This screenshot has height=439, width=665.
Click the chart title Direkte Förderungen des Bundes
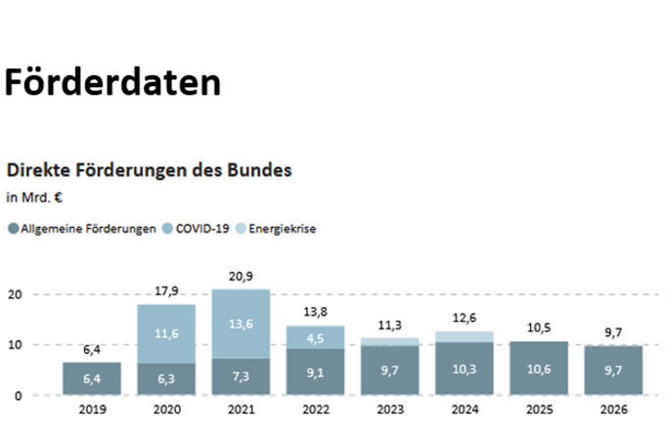point(149,169)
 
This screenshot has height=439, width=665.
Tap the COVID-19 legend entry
point(202,229)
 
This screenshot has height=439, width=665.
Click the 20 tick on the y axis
point(15,294)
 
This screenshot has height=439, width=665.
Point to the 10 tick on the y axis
point(15,345)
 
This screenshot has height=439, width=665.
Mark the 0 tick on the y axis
point(18,396)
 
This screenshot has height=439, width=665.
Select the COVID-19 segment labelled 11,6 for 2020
point(166,333)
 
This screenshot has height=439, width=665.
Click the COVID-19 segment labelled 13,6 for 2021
point(241,324)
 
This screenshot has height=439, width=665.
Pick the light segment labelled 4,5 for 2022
point(316,337)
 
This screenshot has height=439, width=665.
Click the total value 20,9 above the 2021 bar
point(241,278)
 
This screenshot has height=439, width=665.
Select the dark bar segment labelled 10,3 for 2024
point(465,370)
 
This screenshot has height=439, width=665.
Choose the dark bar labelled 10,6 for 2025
point(539,369)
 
